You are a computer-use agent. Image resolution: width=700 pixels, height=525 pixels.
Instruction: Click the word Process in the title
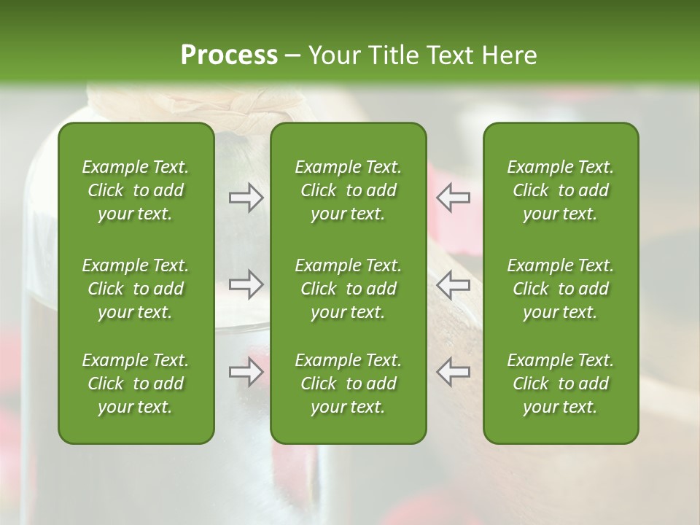click(x=229, y=55)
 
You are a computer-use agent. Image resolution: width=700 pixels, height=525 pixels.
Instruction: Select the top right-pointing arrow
click(x=246, y=198)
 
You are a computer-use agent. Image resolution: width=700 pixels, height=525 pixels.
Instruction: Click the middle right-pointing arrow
click(x=246, y=284)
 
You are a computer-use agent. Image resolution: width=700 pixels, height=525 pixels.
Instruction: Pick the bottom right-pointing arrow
click(x=246, y=372)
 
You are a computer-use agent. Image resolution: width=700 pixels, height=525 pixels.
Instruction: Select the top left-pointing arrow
click(x=453, y=198)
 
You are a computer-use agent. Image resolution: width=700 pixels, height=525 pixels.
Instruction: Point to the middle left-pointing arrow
click(x=453, y=284)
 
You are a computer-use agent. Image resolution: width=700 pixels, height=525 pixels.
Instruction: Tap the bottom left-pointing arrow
click(x=453, y=372)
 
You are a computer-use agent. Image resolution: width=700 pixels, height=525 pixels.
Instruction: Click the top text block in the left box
click(x=136, y=190)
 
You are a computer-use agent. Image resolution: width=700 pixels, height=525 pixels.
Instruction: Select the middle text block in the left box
click(x=136, y=288)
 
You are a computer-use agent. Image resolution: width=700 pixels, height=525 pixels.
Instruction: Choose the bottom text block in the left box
click(x=136, y=384)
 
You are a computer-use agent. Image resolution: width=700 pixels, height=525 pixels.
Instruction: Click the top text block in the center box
click(x=349, y=190)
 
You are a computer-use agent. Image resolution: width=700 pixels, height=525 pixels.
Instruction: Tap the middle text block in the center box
click(x=349, y=288)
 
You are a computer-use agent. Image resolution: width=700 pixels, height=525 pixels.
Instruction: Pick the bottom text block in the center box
click(x=349, y=384)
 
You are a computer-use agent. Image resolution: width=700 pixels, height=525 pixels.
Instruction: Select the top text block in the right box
click(x=561, y=190)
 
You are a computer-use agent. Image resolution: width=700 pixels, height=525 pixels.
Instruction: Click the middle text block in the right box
click(x=561, y=288)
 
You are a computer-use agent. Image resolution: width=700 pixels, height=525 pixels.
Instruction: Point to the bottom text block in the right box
click(x=561, y=384)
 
